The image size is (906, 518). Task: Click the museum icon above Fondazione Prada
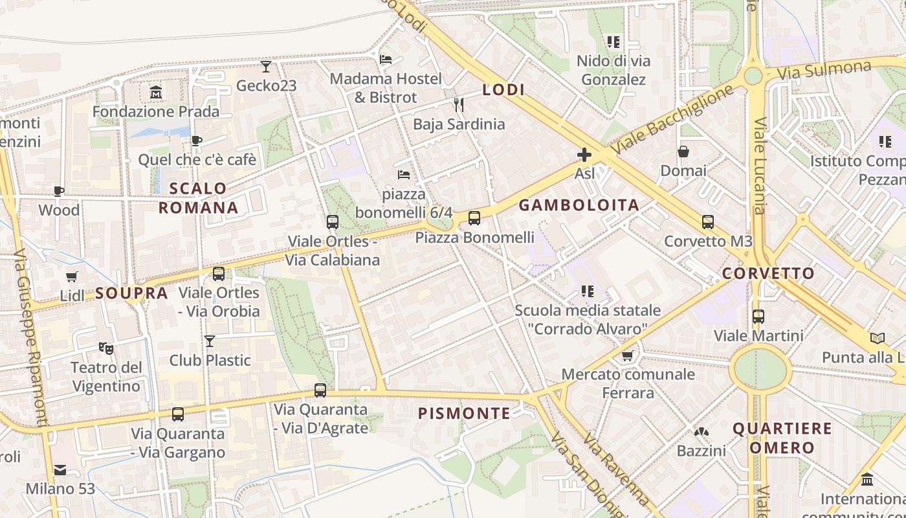pos(156,93)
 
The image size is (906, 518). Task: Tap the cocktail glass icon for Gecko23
pos(266,66)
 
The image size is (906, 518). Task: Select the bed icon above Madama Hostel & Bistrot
pos(386,60)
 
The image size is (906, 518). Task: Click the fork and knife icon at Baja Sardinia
pos(459,104)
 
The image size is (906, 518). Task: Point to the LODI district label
pos(503,90)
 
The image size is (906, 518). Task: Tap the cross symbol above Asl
pos(584,155)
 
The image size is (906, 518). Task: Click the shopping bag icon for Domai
pos(683,152)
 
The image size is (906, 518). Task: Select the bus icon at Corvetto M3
pos(708,222)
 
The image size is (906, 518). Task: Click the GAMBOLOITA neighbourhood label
pos(579,205)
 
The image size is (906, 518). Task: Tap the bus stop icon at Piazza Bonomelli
pos(474,218)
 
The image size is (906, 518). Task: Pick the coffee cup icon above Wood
pos(59,191)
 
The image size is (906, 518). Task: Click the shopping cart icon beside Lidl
pos(72,276)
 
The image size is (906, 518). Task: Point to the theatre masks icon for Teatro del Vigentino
pos(106,348)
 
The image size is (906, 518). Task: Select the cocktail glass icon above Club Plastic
pos(210,341)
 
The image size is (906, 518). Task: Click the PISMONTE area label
pos(464,413)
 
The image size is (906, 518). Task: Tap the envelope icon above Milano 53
pos(60,469)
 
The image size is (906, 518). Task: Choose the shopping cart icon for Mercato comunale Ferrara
pos(627,355)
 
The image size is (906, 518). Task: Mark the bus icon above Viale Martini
pos(758,317)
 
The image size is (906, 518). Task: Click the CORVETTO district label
pos(768,273)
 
